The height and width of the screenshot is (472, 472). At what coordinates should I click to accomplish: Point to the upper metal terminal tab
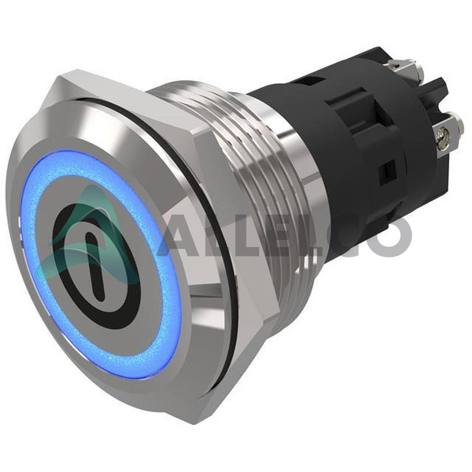pos(405,67)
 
